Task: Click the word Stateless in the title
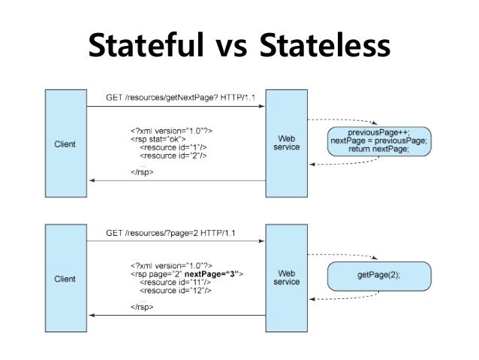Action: pos(324,46)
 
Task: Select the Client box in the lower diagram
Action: pos(65,277)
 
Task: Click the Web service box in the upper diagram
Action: pos(287,143)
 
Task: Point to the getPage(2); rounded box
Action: pos(379,275)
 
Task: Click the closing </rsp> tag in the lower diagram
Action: pos(143,307)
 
